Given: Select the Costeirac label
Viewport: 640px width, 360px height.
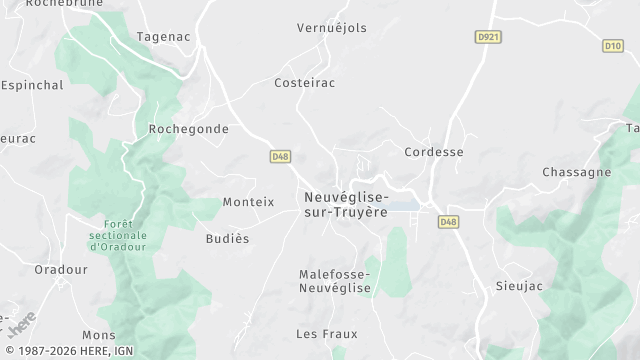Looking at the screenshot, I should tap(303, 84).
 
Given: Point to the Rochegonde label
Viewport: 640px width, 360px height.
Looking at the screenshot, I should tap(188, 129).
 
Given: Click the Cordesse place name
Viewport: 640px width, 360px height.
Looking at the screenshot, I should tap(434, 152).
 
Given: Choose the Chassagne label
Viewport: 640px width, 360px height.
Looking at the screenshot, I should tap(576, 172).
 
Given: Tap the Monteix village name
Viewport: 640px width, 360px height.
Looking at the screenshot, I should tap(248, 201).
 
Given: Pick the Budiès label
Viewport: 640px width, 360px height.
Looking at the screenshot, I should tap(226, 239).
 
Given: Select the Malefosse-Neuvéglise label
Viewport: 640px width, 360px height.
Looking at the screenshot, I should tap(335, 280).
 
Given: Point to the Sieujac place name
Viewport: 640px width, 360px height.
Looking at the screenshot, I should tap(519, 286).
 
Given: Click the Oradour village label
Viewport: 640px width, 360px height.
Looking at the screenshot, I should tap(61, 269).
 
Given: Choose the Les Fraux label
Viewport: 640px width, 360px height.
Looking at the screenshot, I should tap(326, 333).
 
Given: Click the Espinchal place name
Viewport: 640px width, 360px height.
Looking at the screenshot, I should tap(33, 86).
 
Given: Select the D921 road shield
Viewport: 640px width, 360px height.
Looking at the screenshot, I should tap(486, 36).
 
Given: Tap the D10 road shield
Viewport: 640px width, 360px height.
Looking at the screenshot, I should tap(613, 46).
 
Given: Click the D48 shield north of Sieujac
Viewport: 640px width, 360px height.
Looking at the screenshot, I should tap(448, 222).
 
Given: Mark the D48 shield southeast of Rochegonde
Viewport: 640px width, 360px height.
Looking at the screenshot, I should tap(280, 156).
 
